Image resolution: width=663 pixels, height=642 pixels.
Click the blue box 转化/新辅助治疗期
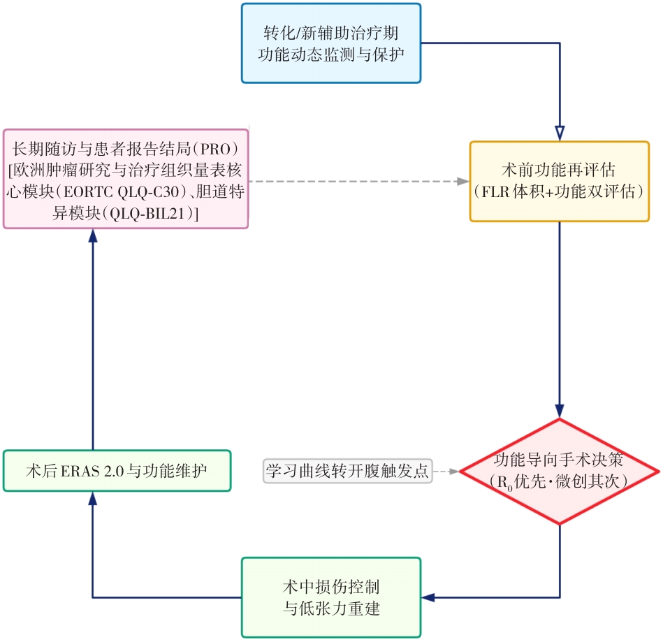coord(331,43)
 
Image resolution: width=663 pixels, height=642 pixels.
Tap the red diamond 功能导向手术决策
coord(559,471)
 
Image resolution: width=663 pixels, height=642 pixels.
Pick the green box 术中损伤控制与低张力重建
coord(331,597)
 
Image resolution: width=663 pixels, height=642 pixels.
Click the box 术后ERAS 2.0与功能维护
coord(117,470)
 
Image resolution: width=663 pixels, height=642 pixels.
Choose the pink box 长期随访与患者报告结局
coord(126,178)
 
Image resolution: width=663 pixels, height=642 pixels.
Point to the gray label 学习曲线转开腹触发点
coord(348,470)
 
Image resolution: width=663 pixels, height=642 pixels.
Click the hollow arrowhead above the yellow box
coord(559,132)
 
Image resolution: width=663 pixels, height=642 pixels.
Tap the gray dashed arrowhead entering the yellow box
coord(462,182)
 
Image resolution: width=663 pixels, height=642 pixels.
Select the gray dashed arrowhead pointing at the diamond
coord(454,471)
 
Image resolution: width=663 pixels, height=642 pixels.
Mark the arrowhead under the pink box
coord(92,235)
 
